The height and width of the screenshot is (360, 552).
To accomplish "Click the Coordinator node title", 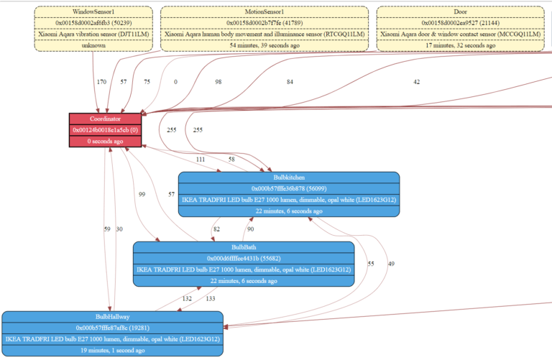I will click(x=104, y=119).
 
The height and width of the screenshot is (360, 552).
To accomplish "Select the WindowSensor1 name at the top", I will click(x=93, y=11).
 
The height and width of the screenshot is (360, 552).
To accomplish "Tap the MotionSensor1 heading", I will click(x=264, y=11).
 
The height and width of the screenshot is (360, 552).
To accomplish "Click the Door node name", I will click(x=460, y=11).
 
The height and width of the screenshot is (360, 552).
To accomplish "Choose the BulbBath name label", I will click(x=244, y=247).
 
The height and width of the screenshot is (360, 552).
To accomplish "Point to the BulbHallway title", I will click(x=112, y=316).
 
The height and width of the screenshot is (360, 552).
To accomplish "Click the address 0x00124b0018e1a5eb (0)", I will click(x=104, y=130).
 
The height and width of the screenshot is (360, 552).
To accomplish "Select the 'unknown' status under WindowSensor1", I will click(x=93, y=45).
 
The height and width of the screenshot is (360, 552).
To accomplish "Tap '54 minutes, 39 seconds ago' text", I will click(x=264, y=45).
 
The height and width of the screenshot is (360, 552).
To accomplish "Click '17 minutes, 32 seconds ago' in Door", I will click(x=460, y=45).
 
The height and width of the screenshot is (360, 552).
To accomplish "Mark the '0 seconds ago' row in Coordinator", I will click(x=104, y=142).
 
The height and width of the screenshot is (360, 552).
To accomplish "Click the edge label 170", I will click(x=101, y=82).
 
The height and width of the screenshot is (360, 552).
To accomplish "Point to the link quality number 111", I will click(x=200, y=159).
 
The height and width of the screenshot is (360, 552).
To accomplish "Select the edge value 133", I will click(x=210, y=299).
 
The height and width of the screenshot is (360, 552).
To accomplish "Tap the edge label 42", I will click(x=416, y=82).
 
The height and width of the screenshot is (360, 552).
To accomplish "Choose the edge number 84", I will click(x=290, y=82).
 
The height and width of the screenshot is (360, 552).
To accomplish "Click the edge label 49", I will click(x=390, y=264).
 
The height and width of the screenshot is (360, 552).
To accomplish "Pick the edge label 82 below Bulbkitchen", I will click(x=216, y=229).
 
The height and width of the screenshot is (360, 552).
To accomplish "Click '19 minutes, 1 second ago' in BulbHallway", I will click(x=112, y=350).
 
